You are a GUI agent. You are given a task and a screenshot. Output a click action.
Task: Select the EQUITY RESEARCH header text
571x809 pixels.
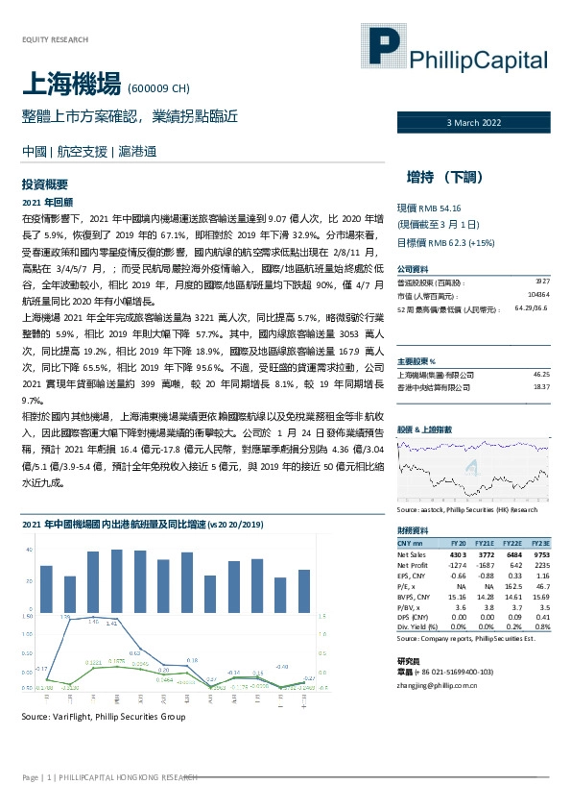(55, 39)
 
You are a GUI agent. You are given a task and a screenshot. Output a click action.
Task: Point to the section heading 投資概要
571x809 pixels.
(44, 184)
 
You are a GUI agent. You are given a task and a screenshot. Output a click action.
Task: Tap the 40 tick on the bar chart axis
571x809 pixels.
(28, 551)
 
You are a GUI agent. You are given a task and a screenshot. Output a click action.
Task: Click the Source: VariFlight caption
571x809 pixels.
(104, 718)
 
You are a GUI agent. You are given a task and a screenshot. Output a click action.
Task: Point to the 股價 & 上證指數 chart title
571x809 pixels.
(422, 429)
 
